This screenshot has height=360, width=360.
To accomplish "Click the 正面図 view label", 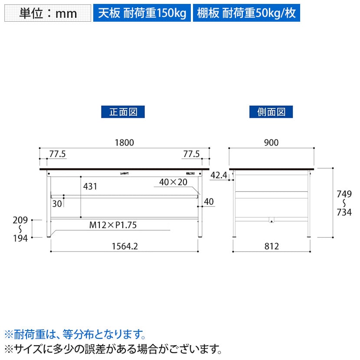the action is point(123,112).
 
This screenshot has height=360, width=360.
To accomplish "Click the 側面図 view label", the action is point(271,112).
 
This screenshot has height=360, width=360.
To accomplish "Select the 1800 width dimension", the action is point(124,143).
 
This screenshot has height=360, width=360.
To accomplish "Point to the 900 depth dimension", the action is point(271,143).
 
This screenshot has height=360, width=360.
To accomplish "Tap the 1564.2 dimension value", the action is point(124,246).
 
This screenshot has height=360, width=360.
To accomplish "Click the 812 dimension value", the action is point(272,246).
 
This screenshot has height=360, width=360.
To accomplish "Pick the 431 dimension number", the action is point(90,187).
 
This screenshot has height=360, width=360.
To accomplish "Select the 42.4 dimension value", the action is point(219,175).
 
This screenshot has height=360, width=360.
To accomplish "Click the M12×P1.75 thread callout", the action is point(113,225).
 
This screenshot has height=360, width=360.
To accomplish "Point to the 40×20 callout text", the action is point(173,182).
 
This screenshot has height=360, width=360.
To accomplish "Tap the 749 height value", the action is point(344,194).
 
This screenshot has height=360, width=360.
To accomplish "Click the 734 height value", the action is point(344,213).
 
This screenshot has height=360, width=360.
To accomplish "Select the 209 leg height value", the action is point(20,220).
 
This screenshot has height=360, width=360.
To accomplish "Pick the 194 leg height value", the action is point(20,238).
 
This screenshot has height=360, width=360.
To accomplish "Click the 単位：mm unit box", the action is point(48,13).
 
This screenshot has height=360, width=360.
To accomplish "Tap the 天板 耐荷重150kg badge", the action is point(142,13).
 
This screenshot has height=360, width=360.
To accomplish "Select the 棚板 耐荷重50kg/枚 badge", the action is point(246,13).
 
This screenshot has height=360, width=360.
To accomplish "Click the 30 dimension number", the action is point(57,204).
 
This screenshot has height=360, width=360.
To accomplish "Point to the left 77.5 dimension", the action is point(57,154).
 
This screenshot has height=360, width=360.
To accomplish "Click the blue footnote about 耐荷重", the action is point(75,334).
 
